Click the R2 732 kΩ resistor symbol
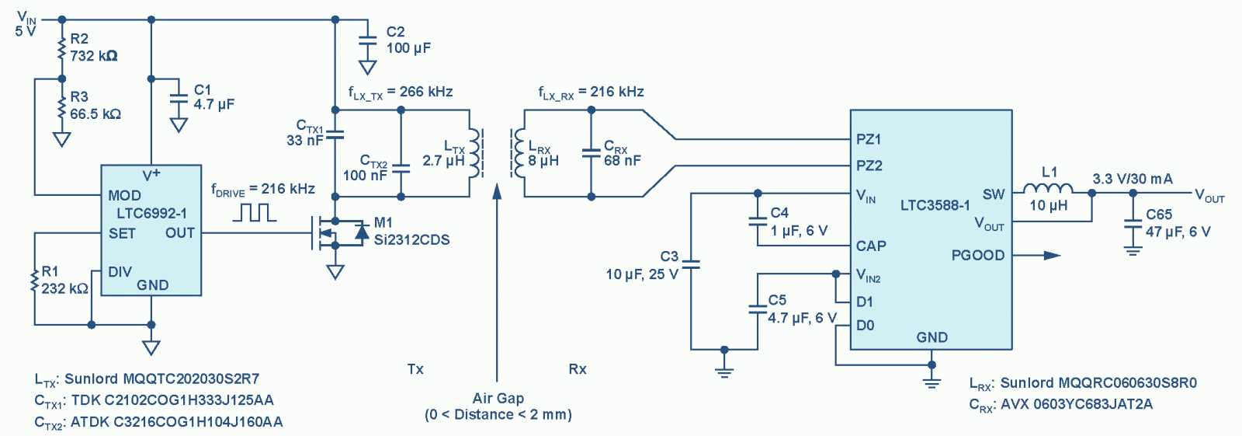(x=61, y=48)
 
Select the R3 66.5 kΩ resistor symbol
(x=61, y=106)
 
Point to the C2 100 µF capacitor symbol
(x=367, y=40)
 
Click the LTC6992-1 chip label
(x=152, y=214)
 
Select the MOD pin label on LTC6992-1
(x=124, y=195)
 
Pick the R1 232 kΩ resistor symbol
(x=34, y=280)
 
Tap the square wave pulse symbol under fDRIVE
(x=255, y=212)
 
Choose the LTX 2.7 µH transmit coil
(x=474, y=154)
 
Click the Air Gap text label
(x=498, y=398)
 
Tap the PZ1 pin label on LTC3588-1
(x=869, y=139)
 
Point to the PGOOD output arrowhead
(x=1052, y=255)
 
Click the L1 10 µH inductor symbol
(x=1048, y=189)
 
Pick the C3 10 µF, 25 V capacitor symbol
(x=691, y=265)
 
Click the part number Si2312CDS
(x=411, y=240)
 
